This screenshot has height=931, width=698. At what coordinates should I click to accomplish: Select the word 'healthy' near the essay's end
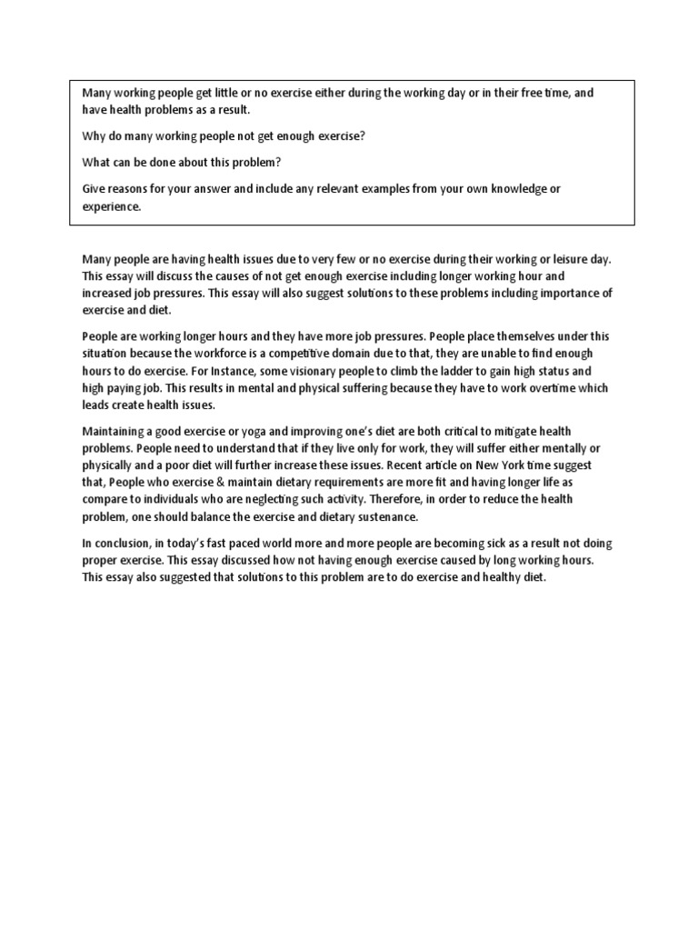point(502,577)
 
